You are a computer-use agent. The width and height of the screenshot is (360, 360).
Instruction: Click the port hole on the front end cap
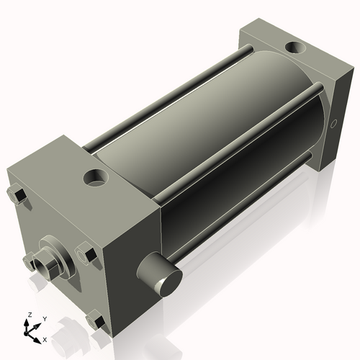[x=94, y=176]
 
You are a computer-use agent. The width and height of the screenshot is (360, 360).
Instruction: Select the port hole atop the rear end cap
[x=295, y=49]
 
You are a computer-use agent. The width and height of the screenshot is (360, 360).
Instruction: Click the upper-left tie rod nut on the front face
[x=17, y=196]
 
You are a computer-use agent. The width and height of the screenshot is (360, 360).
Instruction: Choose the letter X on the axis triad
[x=45, y=338]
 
